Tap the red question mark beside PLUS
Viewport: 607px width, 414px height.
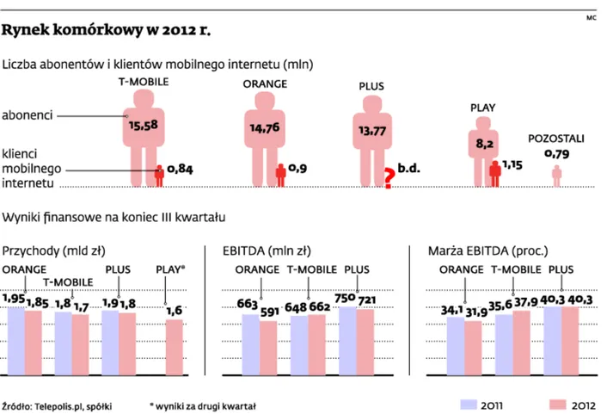coord(388,177)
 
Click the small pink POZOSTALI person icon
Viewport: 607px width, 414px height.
coord(557,176)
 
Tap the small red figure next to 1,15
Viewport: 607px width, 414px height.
coord(494,172)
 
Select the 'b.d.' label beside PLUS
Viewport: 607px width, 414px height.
coord(408,170)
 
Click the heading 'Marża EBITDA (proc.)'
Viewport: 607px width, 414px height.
coord(484,251)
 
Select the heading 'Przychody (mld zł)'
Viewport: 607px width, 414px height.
coord(54,251)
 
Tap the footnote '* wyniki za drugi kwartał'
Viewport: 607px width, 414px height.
coord(203,404)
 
